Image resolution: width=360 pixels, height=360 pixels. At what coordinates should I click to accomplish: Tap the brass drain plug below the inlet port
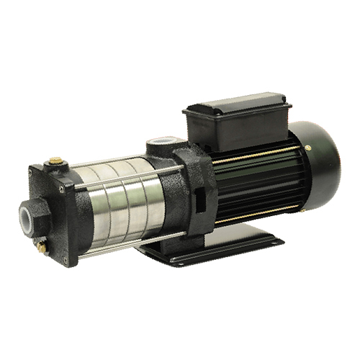41,247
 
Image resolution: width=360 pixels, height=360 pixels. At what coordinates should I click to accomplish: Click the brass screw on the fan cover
308,148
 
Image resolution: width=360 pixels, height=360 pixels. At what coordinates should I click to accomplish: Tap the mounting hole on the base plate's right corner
274,244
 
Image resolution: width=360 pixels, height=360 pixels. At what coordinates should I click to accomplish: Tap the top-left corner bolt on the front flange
32,171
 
